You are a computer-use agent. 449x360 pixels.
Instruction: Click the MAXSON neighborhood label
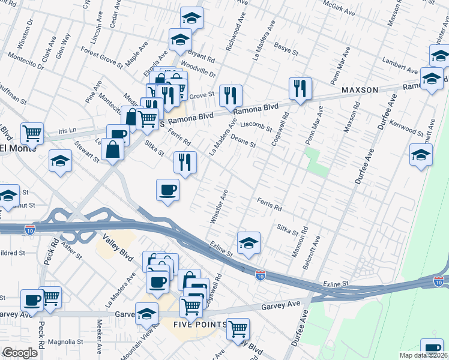pyautogui.click(x=360, y=90)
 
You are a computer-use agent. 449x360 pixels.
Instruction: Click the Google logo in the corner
pyautogui.click(x=20, y=353)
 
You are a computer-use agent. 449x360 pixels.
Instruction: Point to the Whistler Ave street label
pyautogui.click(x=218, y=207)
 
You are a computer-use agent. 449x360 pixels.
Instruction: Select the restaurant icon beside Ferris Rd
pyautogui.click(x=185, y=162)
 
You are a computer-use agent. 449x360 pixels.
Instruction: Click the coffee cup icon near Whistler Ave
pyautogui.click(x=167, y=190)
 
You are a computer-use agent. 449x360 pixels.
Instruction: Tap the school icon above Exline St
pyautogui.click(x=249, y=242)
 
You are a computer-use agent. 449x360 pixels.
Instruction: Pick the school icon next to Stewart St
pyautogui.click(x=60, y=160)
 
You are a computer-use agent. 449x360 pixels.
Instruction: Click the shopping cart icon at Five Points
pyautogui.click(x=238, y=328)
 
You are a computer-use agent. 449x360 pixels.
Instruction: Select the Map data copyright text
pyautogui.click(x=423, y=355)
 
